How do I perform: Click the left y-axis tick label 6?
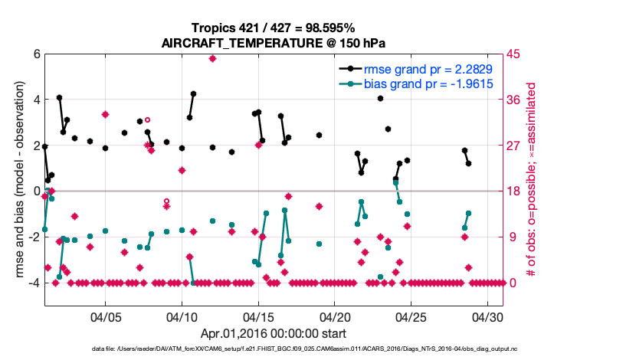(36, 54)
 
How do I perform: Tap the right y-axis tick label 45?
(513, 54)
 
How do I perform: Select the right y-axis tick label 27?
(513, 146)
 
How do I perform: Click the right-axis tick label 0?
(510, 283)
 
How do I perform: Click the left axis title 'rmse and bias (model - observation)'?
(18, 179)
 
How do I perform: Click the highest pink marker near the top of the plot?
(212, 58)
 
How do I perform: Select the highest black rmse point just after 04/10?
(193, 93)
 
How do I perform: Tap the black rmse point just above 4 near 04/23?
(380, 98)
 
